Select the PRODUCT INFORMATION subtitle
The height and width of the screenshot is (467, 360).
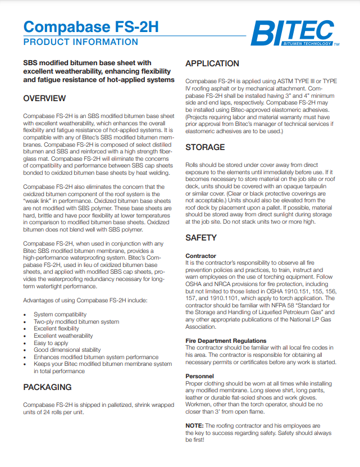[80, 42]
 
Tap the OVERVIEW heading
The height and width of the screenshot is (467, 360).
[44, 99]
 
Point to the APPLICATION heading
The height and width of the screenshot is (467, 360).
[212, 64]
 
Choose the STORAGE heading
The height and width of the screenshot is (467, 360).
[205, 147]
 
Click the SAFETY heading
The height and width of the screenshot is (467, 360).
[200, 238]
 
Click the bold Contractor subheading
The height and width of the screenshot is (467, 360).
[200, 256]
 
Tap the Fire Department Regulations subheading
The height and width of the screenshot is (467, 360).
[226, 341]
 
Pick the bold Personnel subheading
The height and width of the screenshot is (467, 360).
[199, 375]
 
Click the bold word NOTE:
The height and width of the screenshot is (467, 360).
[194, 425]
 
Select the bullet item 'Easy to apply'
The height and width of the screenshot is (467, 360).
[51, 343]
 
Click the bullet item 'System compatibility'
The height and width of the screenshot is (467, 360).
[60, 314]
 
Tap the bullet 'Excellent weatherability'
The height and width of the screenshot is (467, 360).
[63, 335]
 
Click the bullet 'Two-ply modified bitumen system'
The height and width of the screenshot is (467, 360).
[76, 321]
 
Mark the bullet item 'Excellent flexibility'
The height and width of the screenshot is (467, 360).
[57, 329]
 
